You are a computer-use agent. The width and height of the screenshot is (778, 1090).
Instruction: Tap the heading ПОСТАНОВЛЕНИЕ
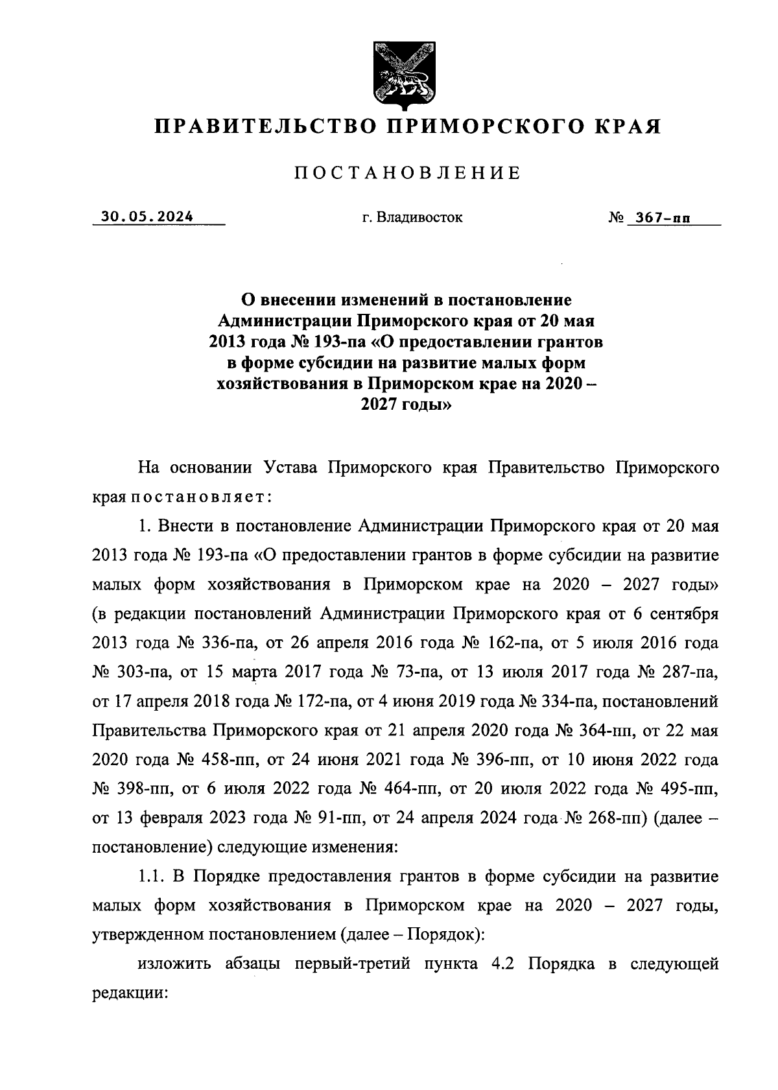(408, 173)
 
